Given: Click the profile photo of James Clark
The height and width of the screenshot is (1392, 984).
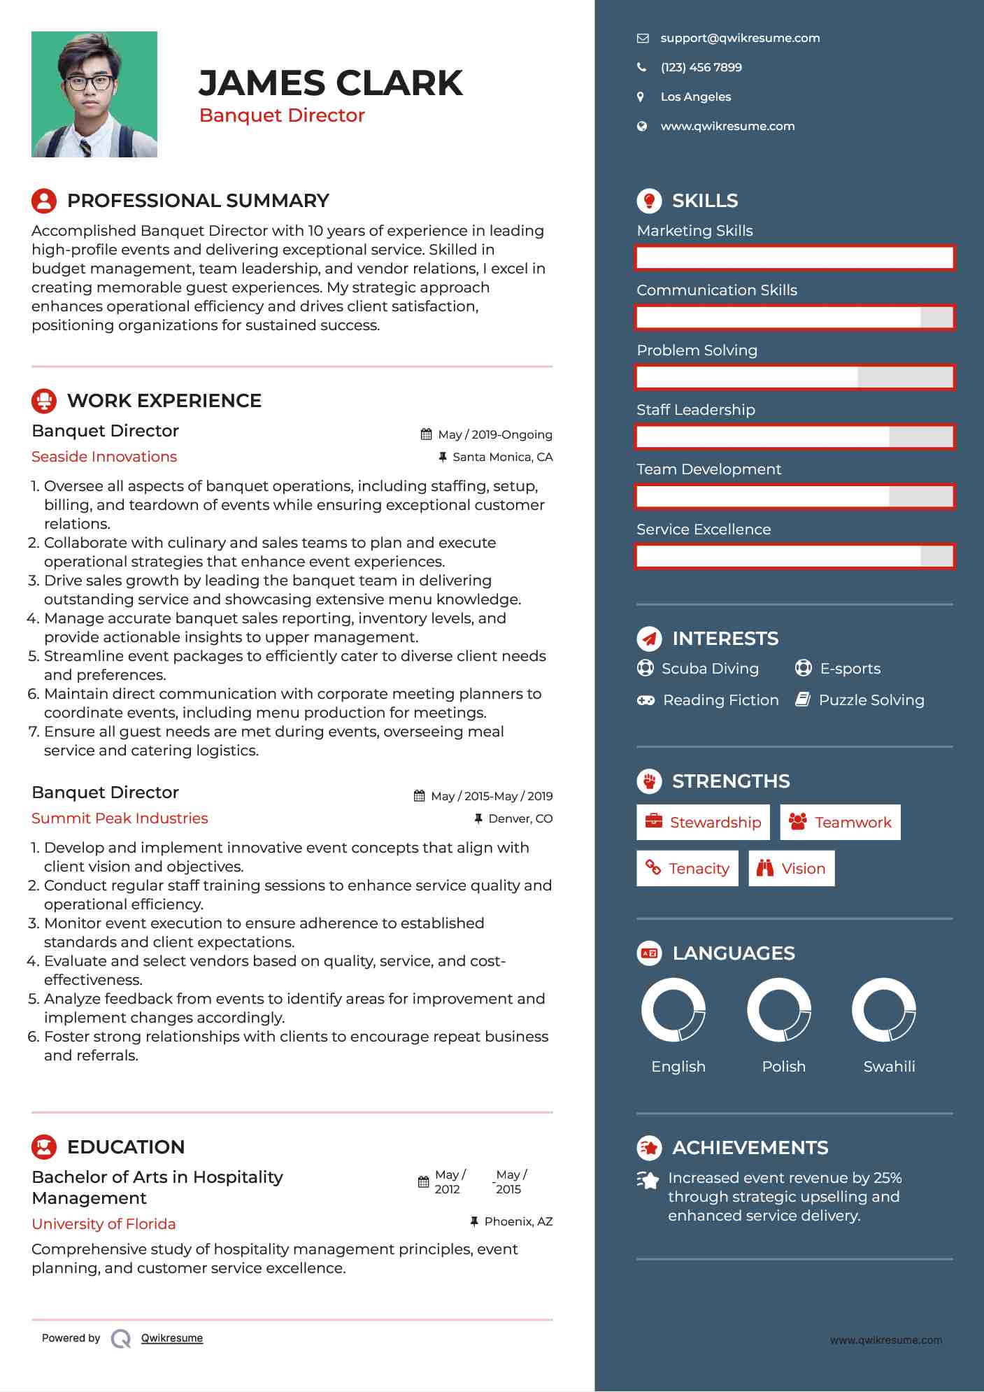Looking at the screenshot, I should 94,94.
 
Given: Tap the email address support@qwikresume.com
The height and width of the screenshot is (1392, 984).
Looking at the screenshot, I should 740,38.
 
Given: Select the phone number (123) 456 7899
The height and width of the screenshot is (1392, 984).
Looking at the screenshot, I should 701,68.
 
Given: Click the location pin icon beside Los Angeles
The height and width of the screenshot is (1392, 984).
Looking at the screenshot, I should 641,97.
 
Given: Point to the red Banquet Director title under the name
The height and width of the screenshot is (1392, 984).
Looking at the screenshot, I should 282,115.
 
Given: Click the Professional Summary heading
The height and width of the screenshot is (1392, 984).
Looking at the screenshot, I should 198,201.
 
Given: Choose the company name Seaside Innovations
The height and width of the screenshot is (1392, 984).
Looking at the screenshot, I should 104,457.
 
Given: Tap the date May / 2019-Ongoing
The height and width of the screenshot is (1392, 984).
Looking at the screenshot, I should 494,434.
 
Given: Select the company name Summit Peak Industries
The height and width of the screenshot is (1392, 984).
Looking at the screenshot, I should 120,818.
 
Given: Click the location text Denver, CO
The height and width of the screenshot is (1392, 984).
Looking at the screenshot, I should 520,818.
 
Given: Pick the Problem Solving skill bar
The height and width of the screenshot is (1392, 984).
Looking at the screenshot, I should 794,377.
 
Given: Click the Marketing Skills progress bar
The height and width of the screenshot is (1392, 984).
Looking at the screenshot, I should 794,257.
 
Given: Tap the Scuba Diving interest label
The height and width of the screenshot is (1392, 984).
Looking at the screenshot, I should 710,669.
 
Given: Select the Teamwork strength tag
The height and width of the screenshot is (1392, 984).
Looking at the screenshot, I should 840,823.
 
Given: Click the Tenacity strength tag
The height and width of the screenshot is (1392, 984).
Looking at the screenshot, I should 687,869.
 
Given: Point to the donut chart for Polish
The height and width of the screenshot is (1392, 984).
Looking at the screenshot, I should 779,1010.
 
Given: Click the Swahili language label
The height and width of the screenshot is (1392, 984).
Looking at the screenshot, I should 889,1067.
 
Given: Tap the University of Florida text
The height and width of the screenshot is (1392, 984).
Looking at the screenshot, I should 104,1224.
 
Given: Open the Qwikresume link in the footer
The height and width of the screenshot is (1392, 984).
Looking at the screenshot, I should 172,1338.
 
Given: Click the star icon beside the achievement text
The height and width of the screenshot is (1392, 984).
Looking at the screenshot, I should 648,1181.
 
